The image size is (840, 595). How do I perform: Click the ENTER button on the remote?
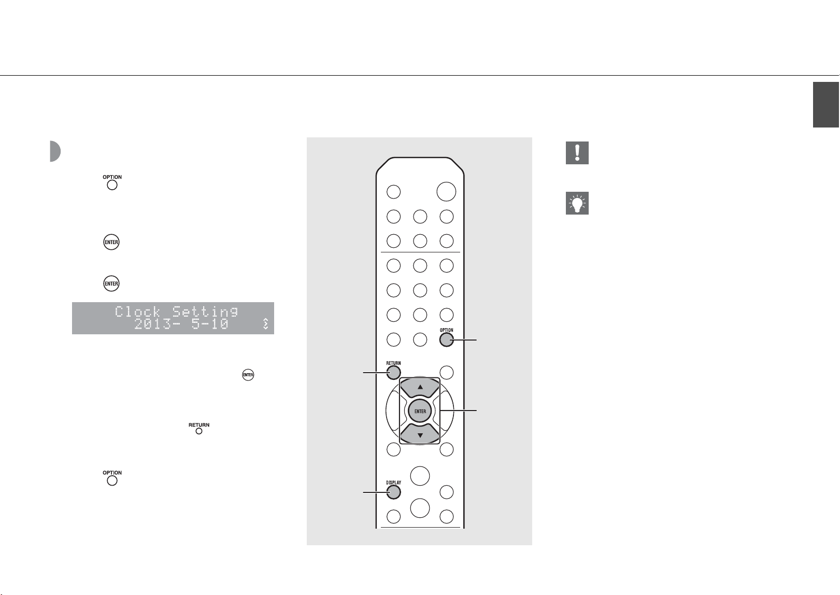coord(420,411)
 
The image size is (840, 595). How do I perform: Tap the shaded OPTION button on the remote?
coord(446,340)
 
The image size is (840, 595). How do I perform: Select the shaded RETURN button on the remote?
coord(393,373)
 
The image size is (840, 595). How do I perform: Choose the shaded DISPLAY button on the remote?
coord(393,492)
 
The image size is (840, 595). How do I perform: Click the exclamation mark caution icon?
coord(577,153)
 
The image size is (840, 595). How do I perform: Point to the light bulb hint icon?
coord(577,203)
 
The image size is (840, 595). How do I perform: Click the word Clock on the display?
coord(138,312)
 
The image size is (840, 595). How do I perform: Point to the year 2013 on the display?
coord(153,324)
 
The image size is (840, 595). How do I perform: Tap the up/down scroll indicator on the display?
coord(265,324)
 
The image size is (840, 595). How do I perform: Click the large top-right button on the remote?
coord(446,192)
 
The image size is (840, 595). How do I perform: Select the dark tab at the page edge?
coord(826,105)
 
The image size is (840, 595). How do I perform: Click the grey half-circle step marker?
coord(55,151)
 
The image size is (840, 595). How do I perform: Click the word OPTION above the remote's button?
coord(446,330)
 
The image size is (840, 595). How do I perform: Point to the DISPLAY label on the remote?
coord(393,483)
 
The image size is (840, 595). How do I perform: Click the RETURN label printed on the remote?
coord(393,363)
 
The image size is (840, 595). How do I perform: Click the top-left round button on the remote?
coord(393,192)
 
